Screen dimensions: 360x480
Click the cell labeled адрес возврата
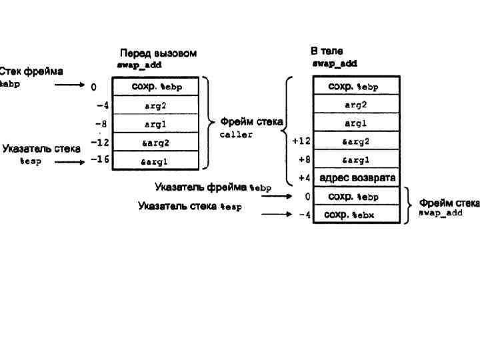click(x=357, y=178)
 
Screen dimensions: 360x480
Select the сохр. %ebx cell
click(x=357, y=215)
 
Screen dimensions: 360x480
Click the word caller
click(x=236, y=135)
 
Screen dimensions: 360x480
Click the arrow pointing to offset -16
click(x=69, y=161)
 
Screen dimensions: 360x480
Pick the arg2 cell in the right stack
click(x=357, y=105)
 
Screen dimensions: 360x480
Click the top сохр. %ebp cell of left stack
click(x=158, y=87)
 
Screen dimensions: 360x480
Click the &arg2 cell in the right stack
click(x=357, y=141)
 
